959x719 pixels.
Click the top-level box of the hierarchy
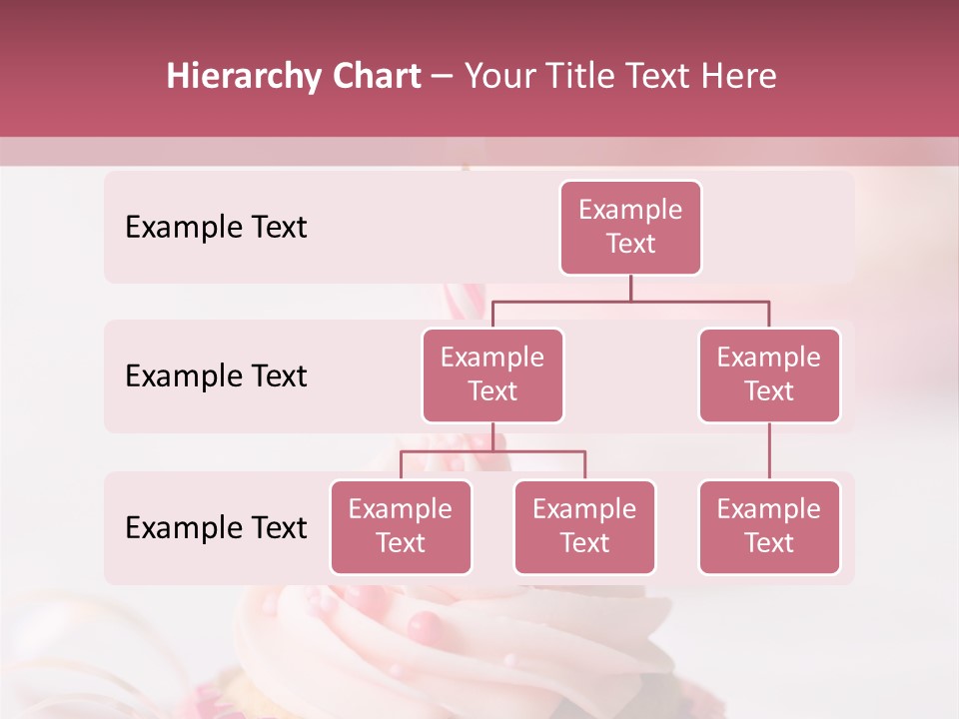630,228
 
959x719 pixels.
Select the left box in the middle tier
492,374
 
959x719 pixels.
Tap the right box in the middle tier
769,374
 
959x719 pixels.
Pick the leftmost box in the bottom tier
401,526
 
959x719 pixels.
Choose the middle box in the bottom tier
584,526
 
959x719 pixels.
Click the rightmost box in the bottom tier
769,526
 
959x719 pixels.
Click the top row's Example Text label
216,228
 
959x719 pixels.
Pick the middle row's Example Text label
216,376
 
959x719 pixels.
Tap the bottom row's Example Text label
216,527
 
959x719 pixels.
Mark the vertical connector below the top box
630,288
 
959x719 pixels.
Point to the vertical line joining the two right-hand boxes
769,451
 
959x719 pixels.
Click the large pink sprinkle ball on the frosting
425,627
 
